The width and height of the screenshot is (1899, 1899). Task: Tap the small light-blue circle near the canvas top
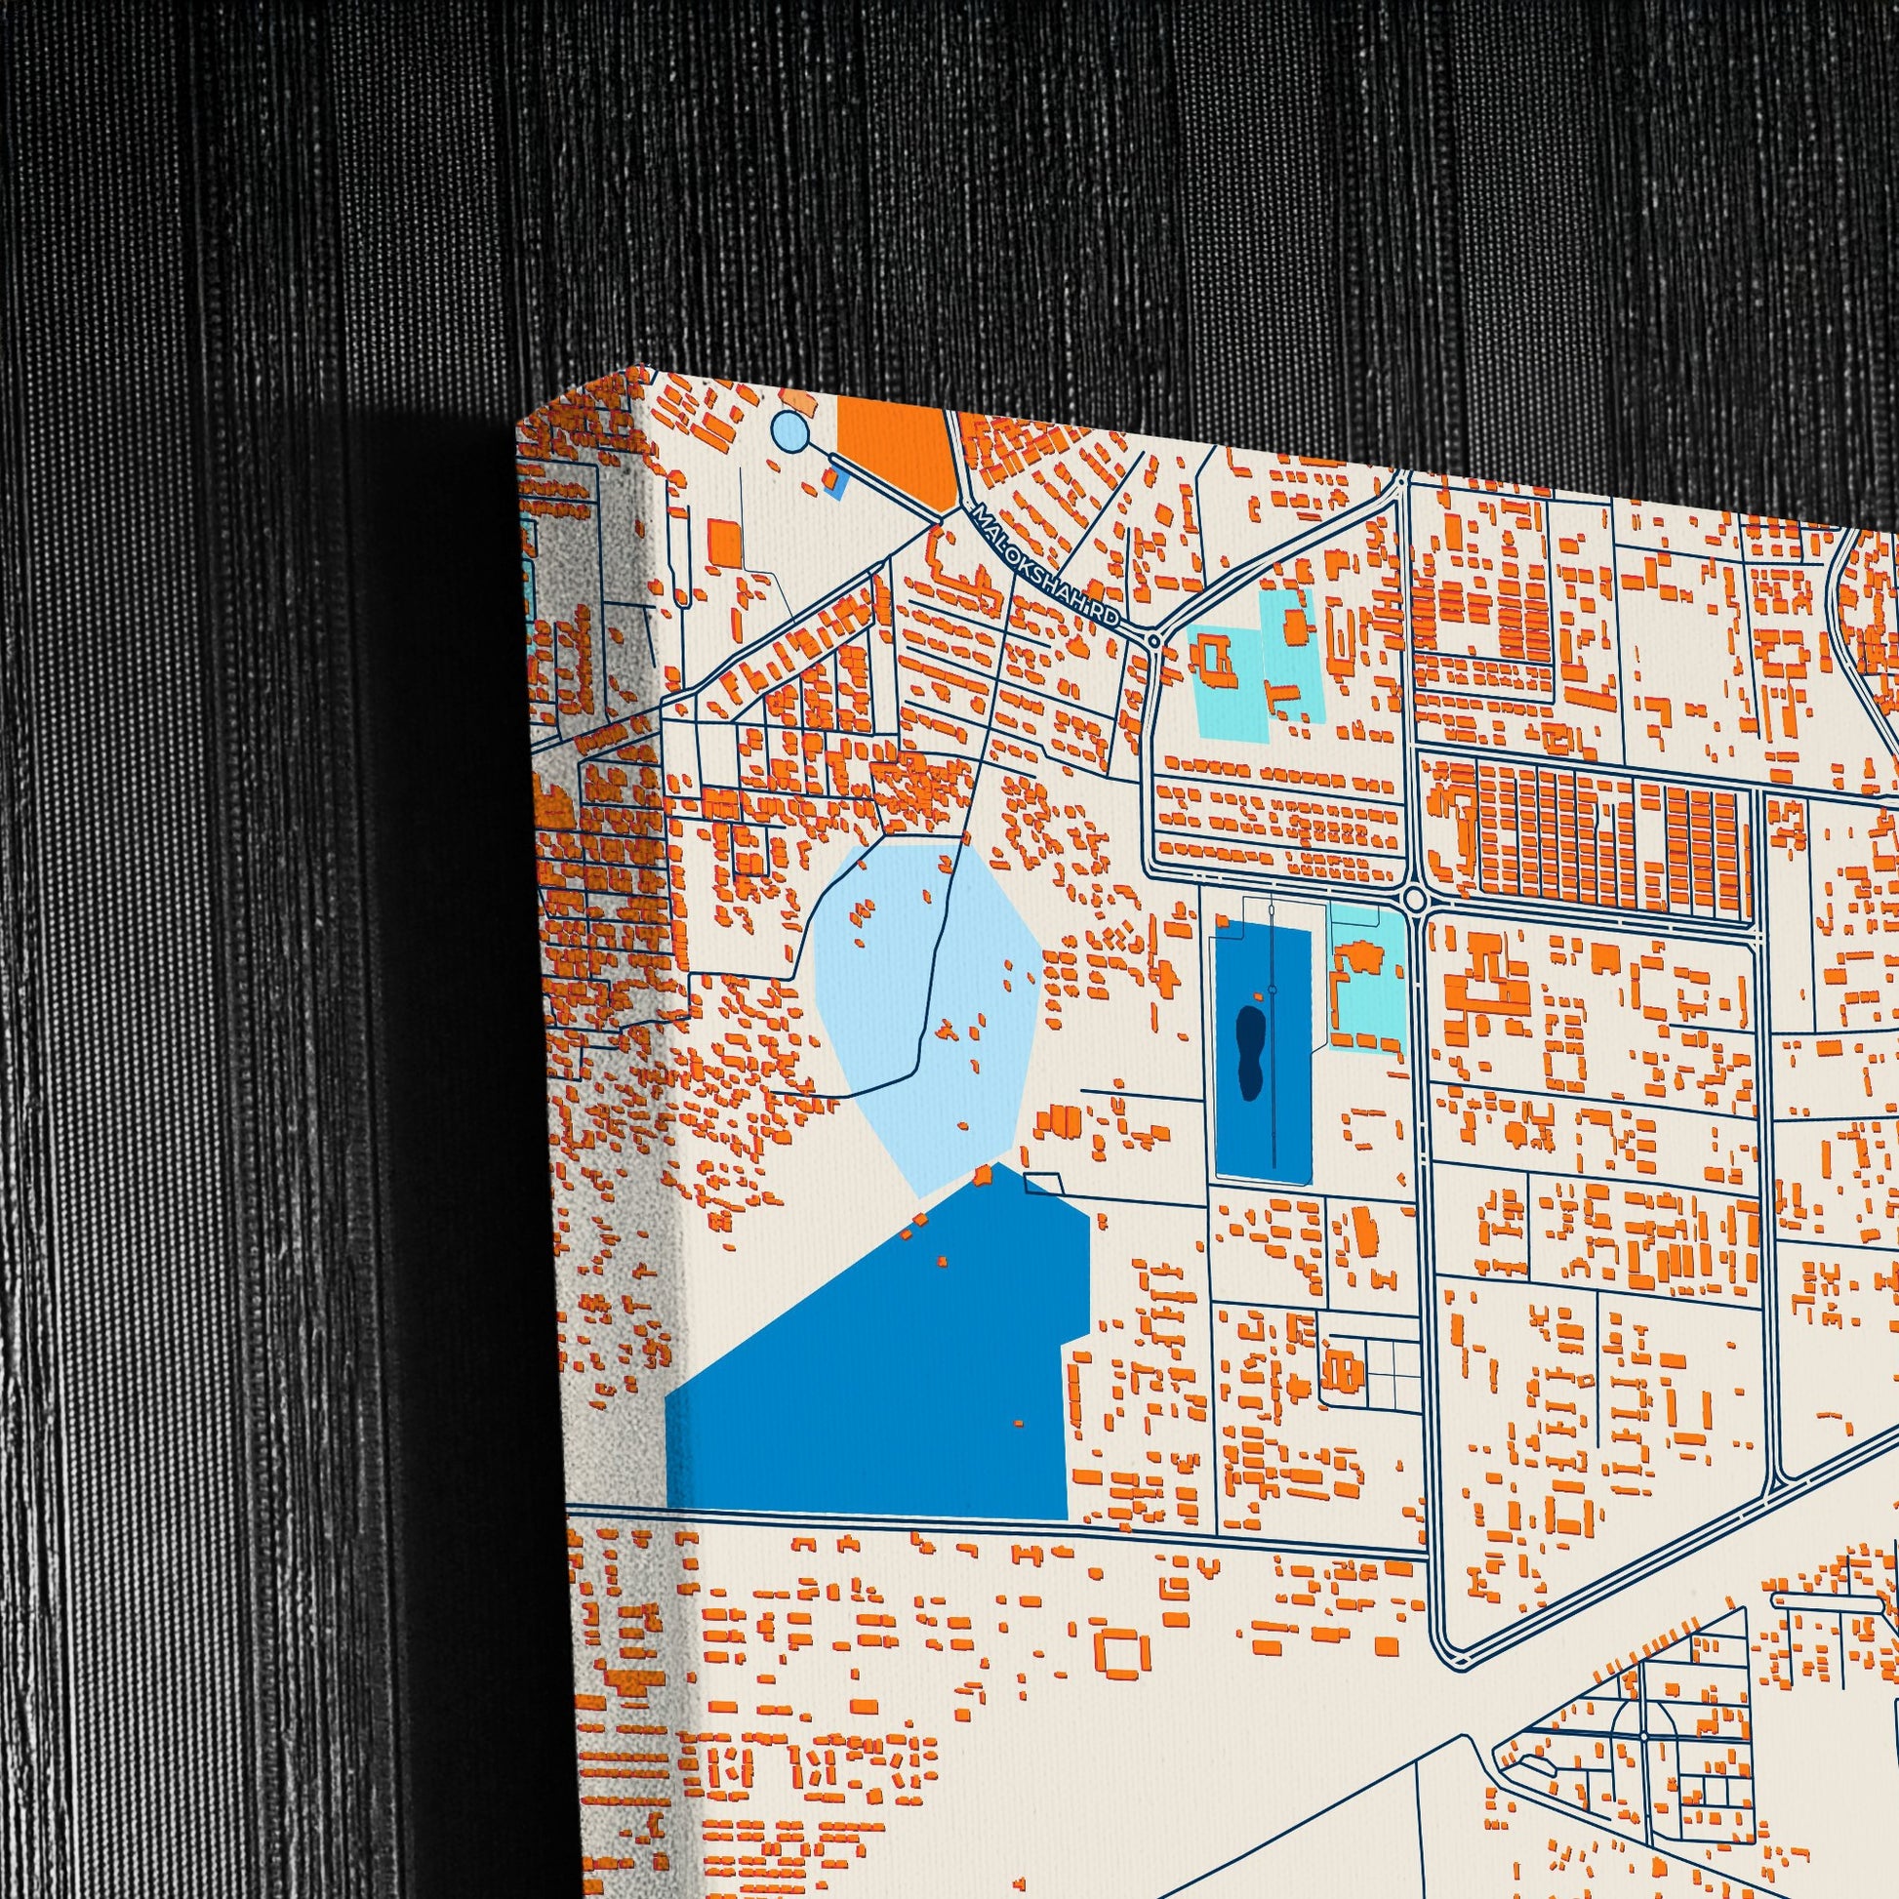tap(789, 430)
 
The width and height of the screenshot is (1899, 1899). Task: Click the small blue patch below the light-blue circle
tap(835, 482)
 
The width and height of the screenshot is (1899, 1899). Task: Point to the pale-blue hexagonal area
tap(927, 1012)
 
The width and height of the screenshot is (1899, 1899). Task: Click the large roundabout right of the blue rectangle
tap(1414, 898)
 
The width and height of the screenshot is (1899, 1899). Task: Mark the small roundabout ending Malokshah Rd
tap(1154, 640)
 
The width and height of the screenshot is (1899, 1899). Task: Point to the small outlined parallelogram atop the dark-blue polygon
tap(1044, 1183)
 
